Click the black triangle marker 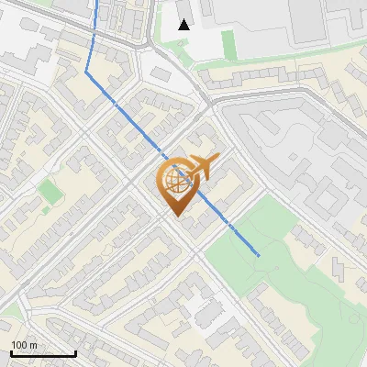184,25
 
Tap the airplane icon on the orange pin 202,167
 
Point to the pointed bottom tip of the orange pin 175,216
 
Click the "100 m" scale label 24,345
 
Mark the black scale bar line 43,354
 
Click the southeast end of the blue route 259,254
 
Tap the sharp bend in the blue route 87,70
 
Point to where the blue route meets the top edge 97,2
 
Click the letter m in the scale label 32,345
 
